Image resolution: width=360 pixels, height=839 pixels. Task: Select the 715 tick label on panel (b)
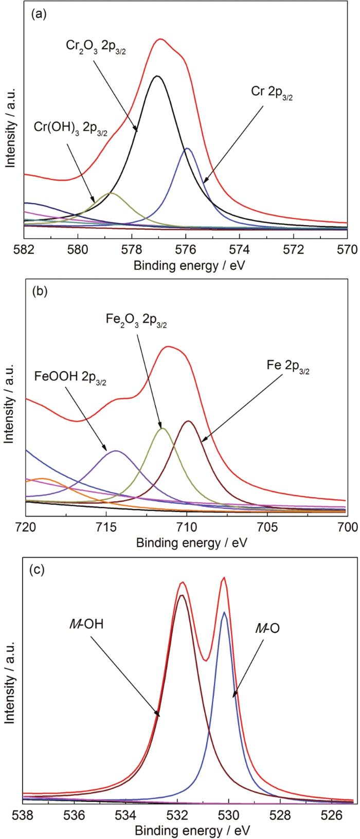click(105, 527)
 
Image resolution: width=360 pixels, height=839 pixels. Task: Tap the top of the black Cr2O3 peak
click(158, 76)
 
